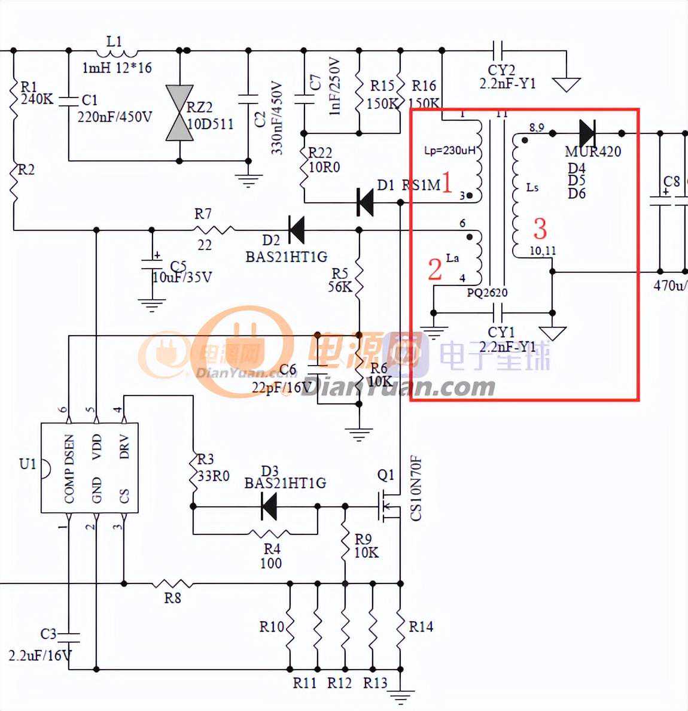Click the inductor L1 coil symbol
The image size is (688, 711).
click(x=114, y=51)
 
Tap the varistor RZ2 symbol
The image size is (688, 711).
click(x=179, y=113)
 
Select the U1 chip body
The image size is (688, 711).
click(x=89, y=467)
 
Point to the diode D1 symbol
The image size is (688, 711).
click(x=366, y=202)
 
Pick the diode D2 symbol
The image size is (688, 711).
click(x=296, y=229)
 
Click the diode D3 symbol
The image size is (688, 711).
click(x=269, y=507)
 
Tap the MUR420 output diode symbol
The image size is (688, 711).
click(x=587, y=133)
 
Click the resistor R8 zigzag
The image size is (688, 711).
click(x=172, y=583)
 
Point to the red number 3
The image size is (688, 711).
click(x=540, y=229)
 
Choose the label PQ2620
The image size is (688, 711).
click(x=487, y=293)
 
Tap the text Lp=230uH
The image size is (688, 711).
click(x=450, y=150)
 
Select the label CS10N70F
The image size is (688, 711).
click(x=416, y=488)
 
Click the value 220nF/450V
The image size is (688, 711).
click(x=114, y=117)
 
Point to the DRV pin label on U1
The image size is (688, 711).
click(x=124, y=447)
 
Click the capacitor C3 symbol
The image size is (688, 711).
click(x=69, y=634)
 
